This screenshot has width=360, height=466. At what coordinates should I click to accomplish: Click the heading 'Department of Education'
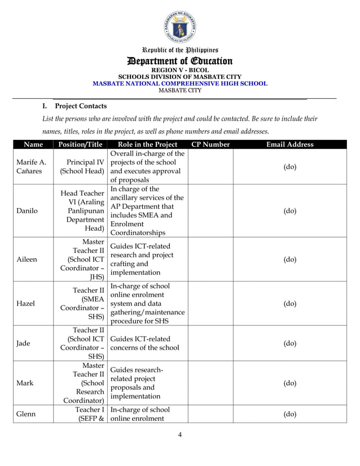pyautogui.click(x=179, y=61)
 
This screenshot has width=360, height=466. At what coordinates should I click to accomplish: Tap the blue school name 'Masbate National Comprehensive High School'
pyautogui.click(x=179, y=83)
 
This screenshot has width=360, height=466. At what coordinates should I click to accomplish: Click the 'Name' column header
pyautogui.click(x=33, y=144)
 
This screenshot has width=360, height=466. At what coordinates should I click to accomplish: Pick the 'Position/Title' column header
pyautogui.click(x=80, y=144)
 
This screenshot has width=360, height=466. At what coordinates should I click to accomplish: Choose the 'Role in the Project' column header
pyautogui.click(x=147, y=144)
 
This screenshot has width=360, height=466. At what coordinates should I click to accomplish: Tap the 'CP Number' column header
pyautogui.click(x=210, y=144)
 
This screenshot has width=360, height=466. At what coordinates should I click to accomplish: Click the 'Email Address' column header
pyautogui.click(x=289, y=144)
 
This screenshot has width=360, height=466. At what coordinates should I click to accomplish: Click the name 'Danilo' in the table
pyautogui.click(x=28, y=211)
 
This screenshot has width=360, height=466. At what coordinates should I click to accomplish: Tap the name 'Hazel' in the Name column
pyautogui.click(x=26, y=303)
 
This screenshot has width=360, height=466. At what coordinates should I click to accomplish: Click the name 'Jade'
pyautogui.click(x=24, y=343)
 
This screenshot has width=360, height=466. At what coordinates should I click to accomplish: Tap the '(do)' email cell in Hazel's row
pyautogui.click(x=289, y=303)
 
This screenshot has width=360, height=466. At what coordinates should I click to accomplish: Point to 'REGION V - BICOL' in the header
pyautogui.click(x=179, y=70)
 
